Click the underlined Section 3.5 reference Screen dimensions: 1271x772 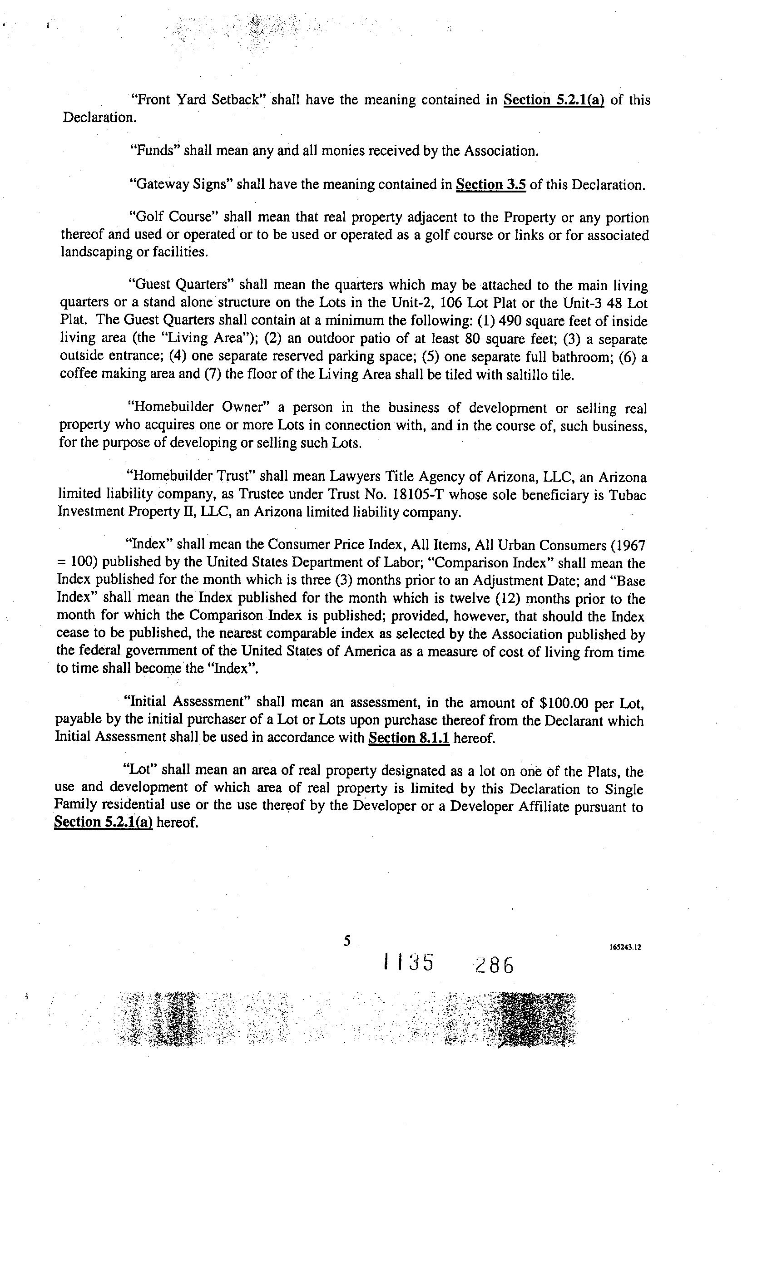pyautogui.click(x=490, y=185)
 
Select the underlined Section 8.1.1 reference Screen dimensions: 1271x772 pyautogui.click(x=409, y=738)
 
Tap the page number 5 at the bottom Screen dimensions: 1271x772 pyautogui.click(x=347, y=941)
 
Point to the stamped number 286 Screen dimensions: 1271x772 pyautogui.click(x=495, y=965)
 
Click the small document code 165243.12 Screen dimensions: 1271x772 pyautogui.click(x=625, y=947)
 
